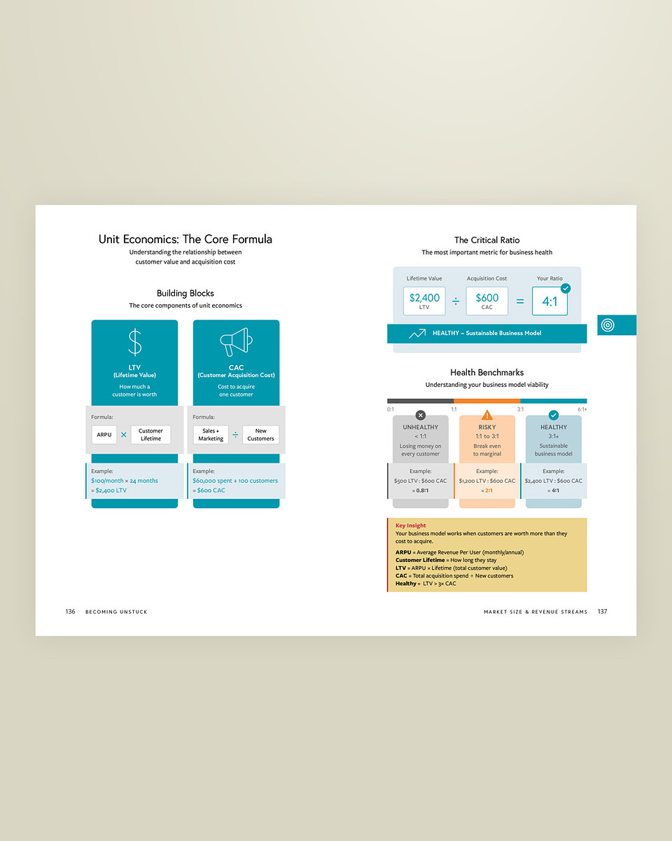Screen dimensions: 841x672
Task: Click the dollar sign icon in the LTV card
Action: (x=134, y=343)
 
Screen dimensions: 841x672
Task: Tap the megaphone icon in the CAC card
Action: (x=236, y=342)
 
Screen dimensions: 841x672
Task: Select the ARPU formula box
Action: (x=104, y=435)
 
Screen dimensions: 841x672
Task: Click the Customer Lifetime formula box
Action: (x=150, y=435)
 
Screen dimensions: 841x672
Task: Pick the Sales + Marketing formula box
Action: (x=211, y=435)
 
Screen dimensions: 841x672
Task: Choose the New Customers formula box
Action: (x=260, y=435)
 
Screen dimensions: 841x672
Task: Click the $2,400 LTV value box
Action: (x=424, y=301)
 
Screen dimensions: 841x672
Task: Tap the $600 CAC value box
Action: (x=487, y=301)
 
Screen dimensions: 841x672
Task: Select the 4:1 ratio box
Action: (x=549, y=301)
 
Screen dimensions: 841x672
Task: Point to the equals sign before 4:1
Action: (x=519, y=301)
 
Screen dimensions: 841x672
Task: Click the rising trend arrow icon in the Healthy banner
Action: (x=417, y=334)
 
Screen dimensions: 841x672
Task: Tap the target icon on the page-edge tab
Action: (x=608, y=325)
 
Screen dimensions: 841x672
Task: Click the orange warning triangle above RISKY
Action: (x=487, y=415)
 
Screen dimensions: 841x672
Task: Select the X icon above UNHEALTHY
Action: (x=420, y=415)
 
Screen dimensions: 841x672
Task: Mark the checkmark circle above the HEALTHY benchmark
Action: (x=554, y=415)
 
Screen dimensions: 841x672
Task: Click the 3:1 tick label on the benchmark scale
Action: (x=520, y=409)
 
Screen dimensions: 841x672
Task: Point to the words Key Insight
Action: (x=410, y=526)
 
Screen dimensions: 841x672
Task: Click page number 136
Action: (x=70, y=612)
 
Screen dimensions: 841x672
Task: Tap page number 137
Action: (x=602, y=612)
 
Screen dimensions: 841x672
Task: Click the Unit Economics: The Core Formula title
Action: (x=185, y=239)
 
